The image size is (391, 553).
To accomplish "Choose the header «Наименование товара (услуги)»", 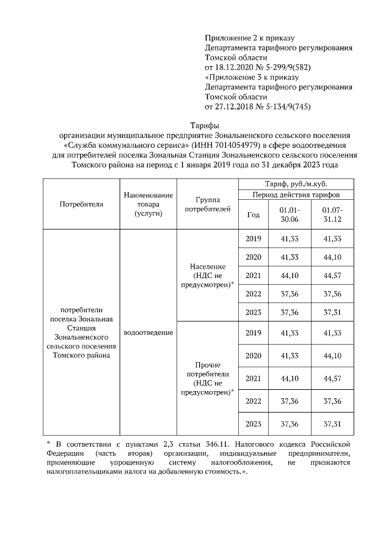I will (x=148, y=204).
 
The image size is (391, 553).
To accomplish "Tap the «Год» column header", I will (x=253, y=214).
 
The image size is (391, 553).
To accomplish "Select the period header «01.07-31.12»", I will (x=333, y=214).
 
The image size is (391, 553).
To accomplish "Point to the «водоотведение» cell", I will (x=148, y=333).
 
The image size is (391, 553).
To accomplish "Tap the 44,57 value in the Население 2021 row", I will (x=333, y=276).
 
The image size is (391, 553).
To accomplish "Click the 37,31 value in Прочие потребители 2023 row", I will (x=333, y=423).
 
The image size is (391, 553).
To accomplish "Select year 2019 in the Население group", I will (x=253, y=238).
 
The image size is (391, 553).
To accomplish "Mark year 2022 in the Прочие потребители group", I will (x=253, y=401).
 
